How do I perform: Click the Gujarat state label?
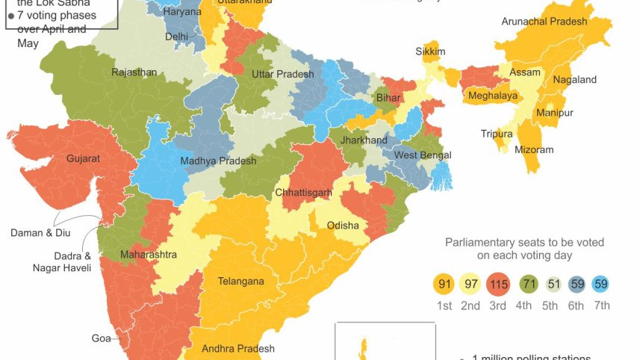[x=83, y=159]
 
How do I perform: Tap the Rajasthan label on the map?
[x=134, y=72]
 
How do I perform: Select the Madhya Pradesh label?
[x=218, y=161]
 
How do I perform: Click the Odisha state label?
[x=343, y=226]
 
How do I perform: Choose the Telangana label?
[x=240, y=282]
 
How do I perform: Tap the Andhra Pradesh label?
[x=238, y=348]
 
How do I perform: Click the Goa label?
[x=101, y=338]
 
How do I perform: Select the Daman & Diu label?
[x=41, y=233]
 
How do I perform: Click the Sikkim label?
[x=430, y=52]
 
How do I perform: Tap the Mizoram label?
[x=534, y=150]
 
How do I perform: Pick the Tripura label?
[x=497, y=134]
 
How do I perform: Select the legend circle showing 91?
[x=444, y=285]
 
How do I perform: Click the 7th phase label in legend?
[x=600, y=305]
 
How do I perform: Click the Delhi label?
[x=176, y=36]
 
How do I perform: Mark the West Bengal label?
[x=423, y=155]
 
